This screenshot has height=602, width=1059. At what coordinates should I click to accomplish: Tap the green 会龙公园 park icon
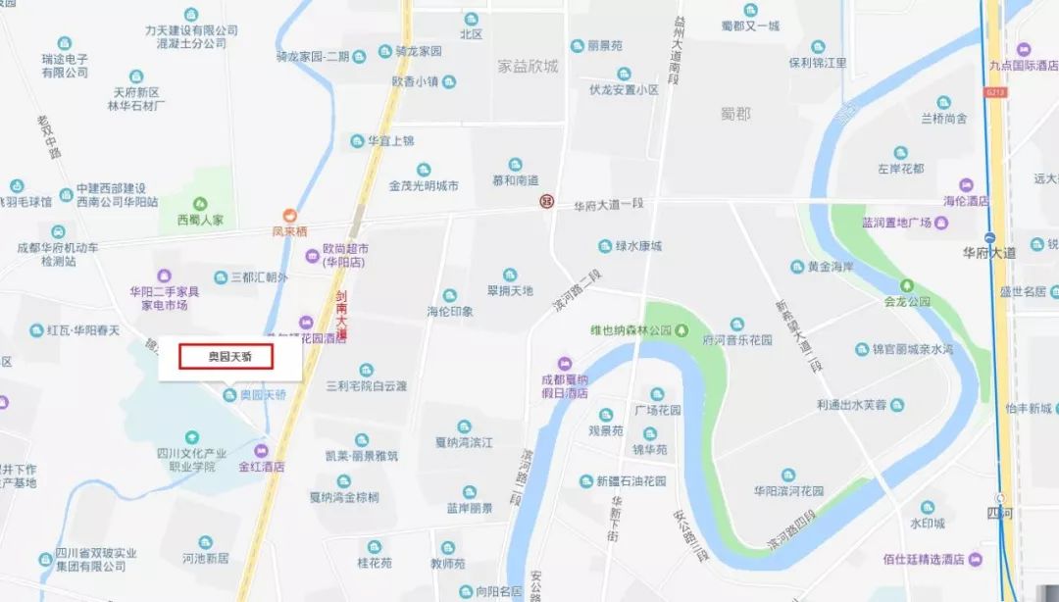click(907, 285)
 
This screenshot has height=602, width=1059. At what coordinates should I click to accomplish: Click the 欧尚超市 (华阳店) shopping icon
click(313, 256)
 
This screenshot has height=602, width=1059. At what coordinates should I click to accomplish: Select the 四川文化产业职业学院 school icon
click(191, 436)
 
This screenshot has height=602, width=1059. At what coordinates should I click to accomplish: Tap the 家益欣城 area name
click(528, 67)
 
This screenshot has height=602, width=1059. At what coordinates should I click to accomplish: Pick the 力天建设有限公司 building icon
click(190, 15)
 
